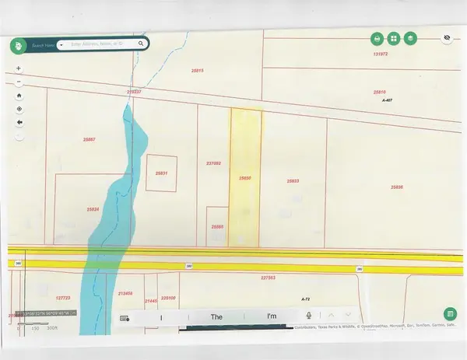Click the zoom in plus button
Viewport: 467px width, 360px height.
(19, 68)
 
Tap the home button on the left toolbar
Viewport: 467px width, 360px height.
(19, 96)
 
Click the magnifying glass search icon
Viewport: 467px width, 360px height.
(141, 44)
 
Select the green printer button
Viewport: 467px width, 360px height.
(377, 38)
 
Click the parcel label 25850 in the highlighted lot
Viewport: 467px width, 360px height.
(244, 178)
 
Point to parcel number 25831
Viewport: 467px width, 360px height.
(162, 173)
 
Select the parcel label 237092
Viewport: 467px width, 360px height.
(214, 163)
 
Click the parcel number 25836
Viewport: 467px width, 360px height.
(397, 187)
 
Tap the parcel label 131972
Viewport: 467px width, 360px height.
(380, 54)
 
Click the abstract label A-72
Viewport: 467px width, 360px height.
(306, 298)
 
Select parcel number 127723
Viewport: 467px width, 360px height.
(64, 298)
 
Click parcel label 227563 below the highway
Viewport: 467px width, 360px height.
(269, 277)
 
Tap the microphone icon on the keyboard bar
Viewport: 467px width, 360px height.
(309, 316)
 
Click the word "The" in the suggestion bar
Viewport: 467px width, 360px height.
(216, 316)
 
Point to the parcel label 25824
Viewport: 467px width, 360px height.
(92, 209)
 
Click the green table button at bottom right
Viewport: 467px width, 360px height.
(450, 313)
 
